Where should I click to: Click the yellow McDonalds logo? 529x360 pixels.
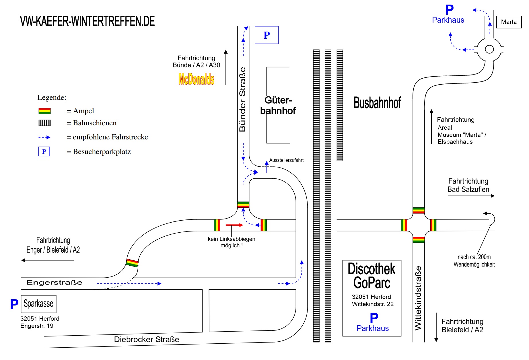point(196,79)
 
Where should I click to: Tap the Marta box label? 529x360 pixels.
point(509,22)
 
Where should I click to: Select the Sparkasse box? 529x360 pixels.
point(38,304)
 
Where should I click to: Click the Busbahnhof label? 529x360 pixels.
point(377,103)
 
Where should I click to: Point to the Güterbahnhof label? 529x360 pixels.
point(278,105)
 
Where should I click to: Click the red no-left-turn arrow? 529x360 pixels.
point(234,225)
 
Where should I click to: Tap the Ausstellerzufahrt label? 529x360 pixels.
point(286,160)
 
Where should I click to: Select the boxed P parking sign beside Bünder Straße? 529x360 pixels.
point(267,35)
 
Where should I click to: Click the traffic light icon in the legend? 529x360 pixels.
point(44,111)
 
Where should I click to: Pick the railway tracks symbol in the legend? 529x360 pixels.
point(44,123)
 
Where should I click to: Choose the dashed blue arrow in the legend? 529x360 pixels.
point(44,137)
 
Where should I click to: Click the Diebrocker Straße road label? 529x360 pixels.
point(146,339)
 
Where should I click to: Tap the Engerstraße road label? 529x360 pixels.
point(54,283)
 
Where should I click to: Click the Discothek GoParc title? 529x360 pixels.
point(372,276)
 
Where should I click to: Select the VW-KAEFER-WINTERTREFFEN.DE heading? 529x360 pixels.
point(87,21)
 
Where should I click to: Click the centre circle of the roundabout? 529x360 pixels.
point(489,49)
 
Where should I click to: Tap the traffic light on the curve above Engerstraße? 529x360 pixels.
point(132,263)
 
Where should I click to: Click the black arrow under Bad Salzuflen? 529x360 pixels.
point(471,196)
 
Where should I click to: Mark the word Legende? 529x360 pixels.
point(52,98)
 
